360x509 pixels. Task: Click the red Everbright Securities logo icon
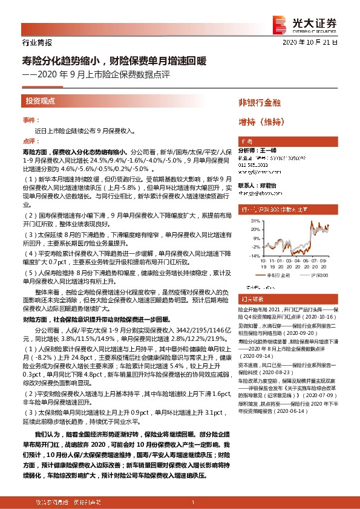point(279,22)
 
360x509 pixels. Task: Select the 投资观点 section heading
point(40,101)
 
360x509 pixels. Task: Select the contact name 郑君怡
point(269,186)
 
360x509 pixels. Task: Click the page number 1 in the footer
point(192,502)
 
